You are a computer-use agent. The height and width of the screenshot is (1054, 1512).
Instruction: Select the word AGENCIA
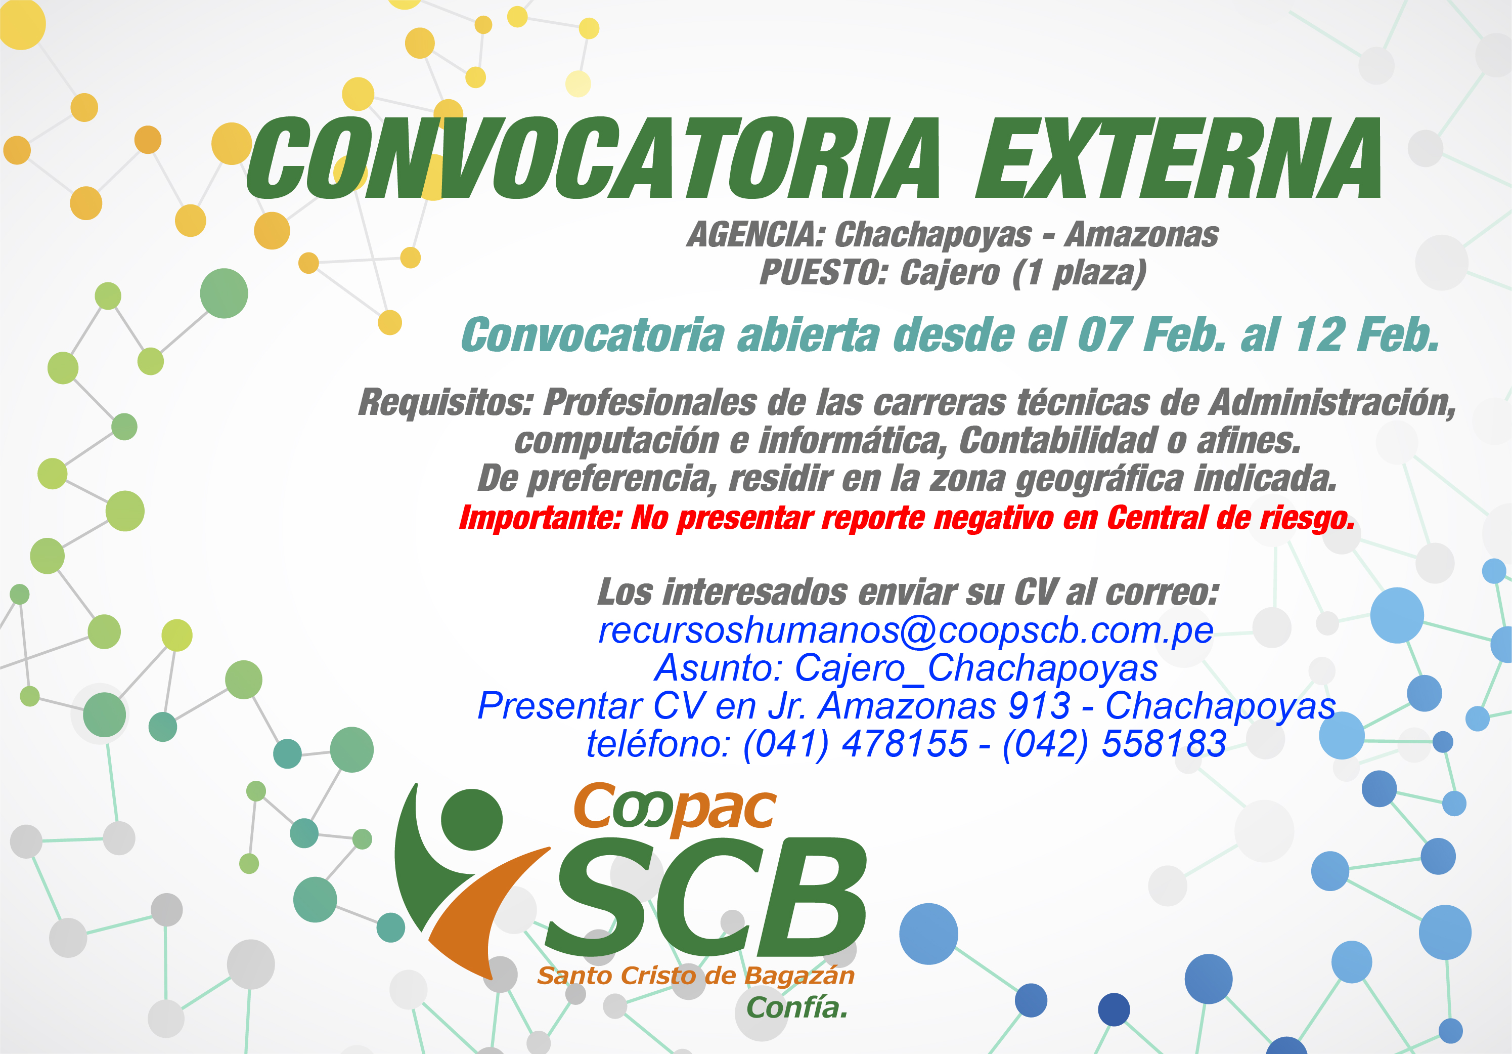pyautogui.click(x=756, y=234)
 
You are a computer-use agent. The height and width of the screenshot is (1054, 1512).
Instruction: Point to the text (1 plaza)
pyautogui.click(x=1079, y=273)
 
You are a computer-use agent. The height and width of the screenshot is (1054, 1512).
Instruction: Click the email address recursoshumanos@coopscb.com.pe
pyautogui.click(x=906, y=630)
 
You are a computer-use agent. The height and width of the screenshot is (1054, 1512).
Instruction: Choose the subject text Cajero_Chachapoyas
pyautogui.click(x=976, y=668)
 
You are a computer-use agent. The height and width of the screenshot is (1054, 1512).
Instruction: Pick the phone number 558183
pyautogui.click(x=1164, y=743)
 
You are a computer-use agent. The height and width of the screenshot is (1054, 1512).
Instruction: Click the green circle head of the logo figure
pyautogui.click(x=471, y=820)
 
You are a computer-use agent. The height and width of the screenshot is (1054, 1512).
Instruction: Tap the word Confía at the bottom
pyautogui.click(x=797, y=1007)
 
